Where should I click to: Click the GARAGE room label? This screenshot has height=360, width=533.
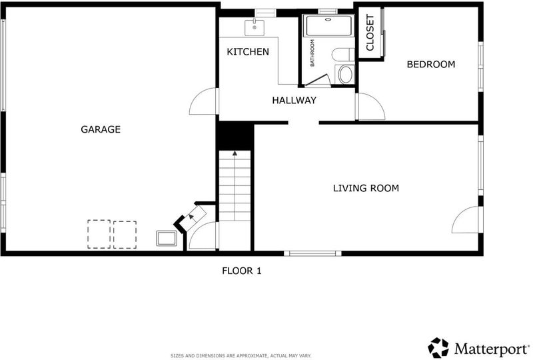coord(101,129)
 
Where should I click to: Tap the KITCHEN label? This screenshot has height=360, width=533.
coord(248,52)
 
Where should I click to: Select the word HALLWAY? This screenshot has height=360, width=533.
coord(294,100)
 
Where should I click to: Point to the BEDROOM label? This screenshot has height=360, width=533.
coord(430,64)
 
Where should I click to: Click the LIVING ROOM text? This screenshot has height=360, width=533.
coord(366,188)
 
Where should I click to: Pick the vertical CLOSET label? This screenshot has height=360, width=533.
coord(370,32)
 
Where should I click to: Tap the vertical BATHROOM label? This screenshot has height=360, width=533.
coord(312,53)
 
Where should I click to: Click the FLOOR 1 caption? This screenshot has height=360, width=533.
coord(242,271)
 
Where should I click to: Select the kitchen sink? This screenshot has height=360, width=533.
coord(255,27)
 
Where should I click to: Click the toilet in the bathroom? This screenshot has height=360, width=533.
coord(343,55)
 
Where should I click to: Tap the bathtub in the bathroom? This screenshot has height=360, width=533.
coord(328,25)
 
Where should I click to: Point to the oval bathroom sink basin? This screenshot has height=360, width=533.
coord(346,75)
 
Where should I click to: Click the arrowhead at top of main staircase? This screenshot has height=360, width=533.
coord(235,153)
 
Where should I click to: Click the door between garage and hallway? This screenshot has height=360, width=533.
coord(203,101)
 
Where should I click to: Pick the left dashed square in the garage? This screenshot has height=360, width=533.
coord(99,234)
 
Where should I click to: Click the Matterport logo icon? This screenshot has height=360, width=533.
coord(438,348)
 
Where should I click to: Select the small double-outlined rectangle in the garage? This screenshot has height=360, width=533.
coord(167,238)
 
